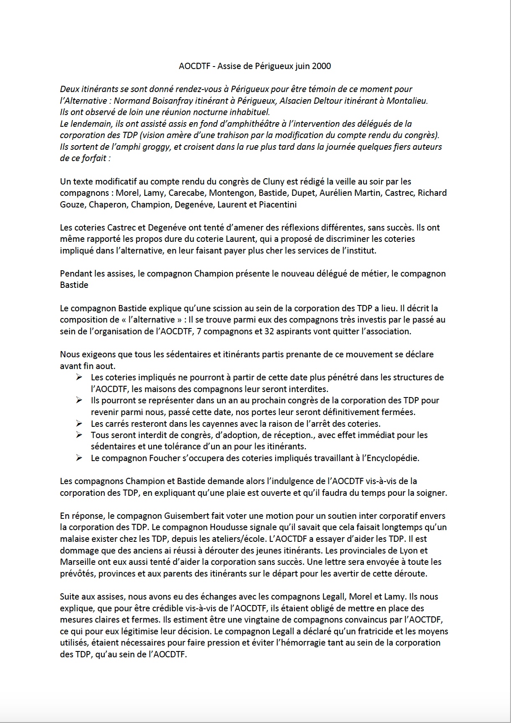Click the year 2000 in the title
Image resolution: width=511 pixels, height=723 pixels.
click(x=322, y=66)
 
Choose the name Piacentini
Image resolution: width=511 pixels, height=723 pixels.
click(x=278, y=205)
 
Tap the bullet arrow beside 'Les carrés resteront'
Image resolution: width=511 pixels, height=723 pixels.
click(x=79, y=423)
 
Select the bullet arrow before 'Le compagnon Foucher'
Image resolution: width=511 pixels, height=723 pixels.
click(x=79, y=458)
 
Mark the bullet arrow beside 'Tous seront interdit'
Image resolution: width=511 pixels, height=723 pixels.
click(x=79, y=435)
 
